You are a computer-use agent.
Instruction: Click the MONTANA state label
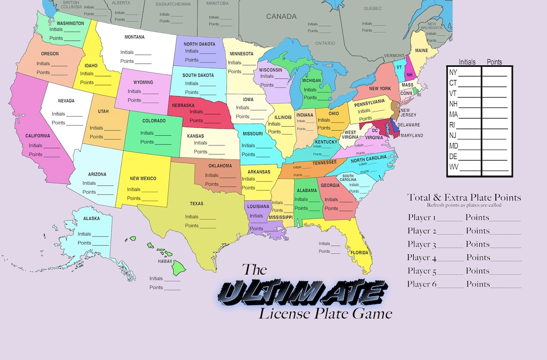point(134,37)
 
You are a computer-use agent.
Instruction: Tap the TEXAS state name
point(197,204)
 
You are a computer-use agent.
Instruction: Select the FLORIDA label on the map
point(359,252)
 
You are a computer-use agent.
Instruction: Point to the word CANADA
point(281,16)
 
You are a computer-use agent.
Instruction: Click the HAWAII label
point(165,261)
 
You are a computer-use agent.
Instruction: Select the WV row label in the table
point(454,167)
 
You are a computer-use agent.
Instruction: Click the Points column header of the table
point(494,62)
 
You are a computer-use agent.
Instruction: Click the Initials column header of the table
point(467,62)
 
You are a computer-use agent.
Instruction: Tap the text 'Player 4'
point(421,258)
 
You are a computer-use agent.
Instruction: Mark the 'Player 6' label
point(421,284)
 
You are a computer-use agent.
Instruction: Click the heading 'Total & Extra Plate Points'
point(464,197)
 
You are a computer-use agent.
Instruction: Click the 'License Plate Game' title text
point(326,313)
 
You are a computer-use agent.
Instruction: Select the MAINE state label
point(421,51)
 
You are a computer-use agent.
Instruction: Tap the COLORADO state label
point(153,121)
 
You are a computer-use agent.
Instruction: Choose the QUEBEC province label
point(372,8)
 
